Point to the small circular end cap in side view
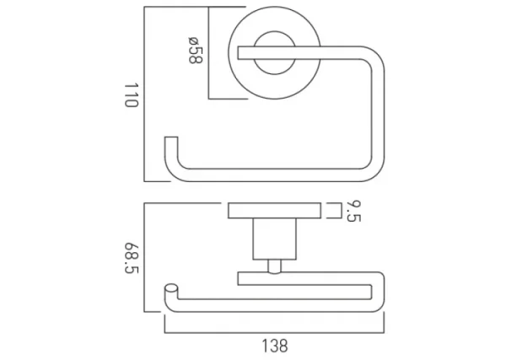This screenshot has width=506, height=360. coord(172,289)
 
